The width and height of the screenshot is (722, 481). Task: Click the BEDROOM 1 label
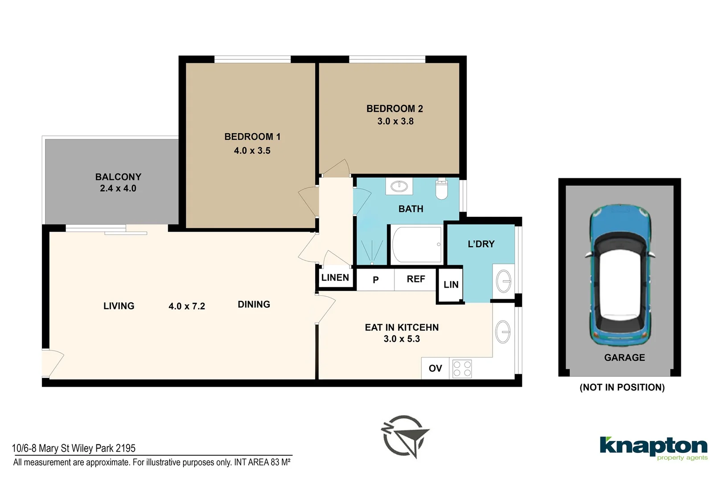252,137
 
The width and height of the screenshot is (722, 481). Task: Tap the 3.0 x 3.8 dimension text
395,121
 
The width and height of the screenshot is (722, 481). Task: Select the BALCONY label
118,177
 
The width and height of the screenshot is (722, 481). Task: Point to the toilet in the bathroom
441,189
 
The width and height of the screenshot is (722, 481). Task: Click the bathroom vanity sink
399,186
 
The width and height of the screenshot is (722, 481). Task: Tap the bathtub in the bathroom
416,245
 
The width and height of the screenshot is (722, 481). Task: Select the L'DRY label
481,244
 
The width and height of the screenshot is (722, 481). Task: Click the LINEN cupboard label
335,278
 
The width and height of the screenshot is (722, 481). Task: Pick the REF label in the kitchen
416,279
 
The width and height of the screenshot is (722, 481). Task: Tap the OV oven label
435,368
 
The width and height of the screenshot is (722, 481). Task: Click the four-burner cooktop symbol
462,369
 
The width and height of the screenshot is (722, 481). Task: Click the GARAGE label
624,358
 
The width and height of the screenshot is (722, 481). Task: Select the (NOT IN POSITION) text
622,387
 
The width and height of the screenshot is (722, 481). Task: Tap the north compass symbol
404,436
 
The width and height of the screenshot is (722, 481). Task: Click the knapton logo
653,447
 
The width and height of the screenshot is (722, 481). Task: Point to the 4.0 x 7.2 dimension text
187,306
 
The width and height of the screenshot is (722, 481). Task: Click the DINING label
254,305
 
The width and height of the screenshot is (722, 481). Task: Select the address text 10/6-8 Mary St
74,448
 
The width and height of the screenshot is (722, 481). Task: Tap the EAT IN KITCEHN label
402,327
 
